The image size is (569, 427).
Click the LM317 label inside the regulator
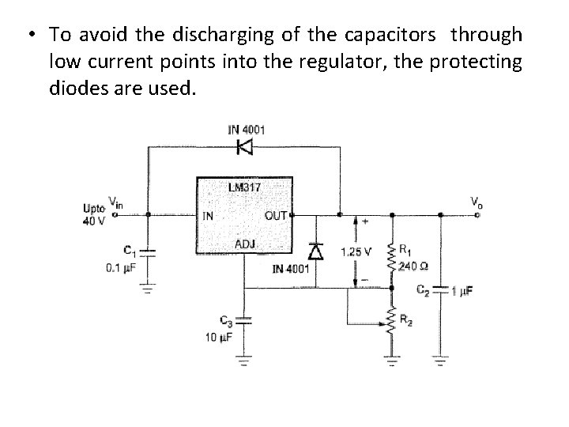coord(243,187)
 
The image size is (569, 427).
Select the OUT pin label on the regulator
coord(275,215)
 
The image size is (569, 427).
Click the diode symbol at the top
coord(245,146)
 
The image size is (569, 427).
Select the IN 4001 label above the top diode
coord(247,130)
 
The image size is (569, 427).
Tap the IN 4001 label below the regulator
coord(293,269)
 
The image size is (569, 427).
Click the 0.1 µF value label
coord(123,267)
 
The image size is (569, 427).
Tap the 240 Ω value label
coord(413,265)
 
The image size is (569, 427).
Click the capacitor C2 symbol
coord(440,289)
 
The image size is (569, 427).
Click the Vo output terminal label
coord(476,202)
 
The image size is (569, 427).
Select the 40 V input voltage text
coord(92,221)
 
